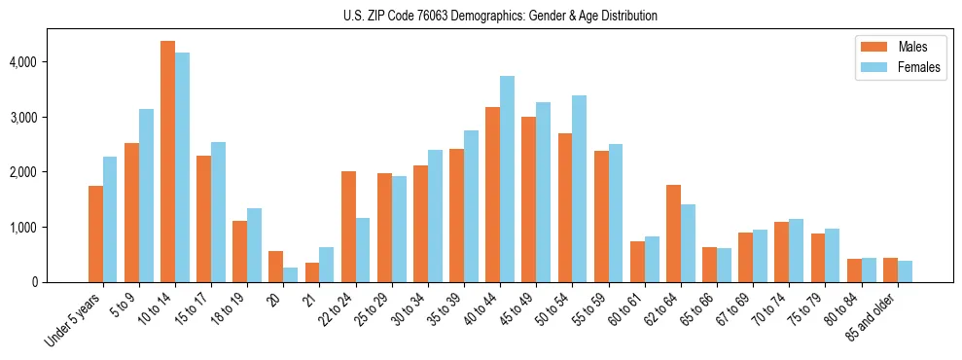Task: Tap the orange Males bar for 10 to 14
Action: click(x=167, y=162)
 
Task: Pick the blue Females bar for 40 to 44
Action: click(x=507, y=179)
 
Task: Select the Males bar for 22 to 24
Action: click(x=348, y=227)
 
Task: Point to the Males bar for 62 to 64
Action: click(x=673, y=234)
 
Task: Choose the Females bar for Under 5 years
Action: click(x=110, y=219)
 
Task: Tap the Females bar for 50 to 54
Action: click(x=579, y=189)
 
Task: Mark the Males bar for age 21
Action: click(x=312, y=272)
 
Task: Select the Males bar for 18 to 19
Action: click(x=239, y=251)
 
